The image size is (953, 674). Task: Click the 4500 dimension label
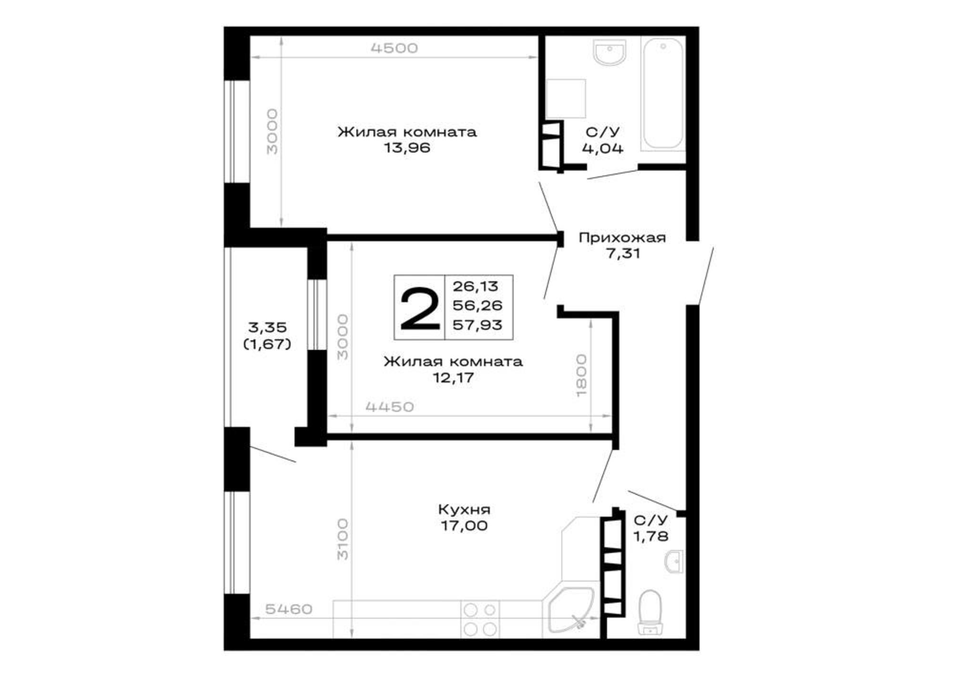(394, 48)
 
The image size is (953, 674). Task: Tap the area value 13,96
(407, 148)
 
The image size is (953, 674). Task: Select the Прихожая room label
(622, 237)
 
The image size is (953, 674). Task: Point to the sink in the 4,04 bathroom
(609, 52)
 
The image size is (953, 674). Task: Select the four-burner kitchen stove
(480, 619)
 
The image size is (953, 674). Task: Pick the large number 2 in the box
(419, 307)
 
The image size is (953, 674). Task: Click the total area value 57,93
(477, 325)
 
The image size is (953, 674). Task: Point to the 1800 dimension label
(581, 375)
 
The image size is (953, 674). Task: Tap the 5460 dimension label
(289, 609)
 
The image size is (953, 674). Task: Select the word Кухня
(464, 510)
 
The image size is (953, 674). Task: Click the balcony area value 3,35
(267, 327)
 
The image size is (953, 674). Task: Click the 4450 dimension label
(390, 407)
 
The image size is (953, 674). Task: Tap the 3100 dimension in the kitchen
(343, 539)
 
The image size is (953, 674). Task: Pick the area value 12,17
(453, 378)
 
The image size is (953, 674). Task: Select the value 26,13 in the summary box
(476, 286)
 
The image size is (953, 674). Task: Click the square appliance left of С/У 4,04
(566, 99)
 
